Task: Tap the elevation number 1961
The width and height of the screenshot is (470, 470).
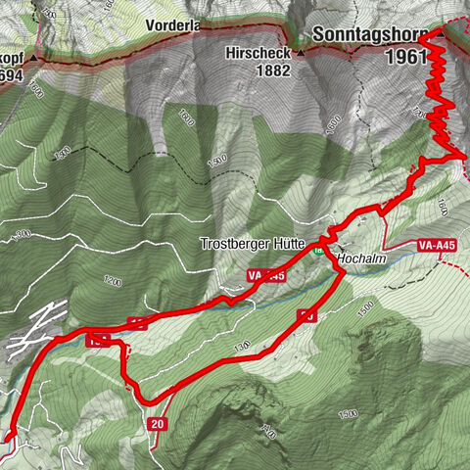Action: pyautogui.click(x=404, y=57)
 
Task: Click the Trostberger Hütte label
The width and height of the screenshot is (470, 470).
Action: pyautogui.click(x=253, y=243)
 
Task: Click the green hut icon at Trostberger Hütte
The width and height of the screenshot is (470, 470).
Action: pyautogui.click(x=318, y=250)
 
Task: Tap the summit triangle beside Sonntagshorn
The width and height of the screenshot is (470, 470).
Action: pyautogui.click(x=440, y=34)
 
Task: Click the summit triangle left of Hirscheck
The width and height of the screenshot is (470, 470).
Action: pyautogui.click(x=301, y=52)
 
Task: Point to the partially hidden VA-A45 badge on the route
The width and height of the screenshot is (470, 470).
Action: pyautogui.click(x=267, y=277)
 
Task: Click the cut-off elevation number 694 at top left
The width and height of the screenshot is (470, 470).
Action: pyautogui.click(x=10, y=74)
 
